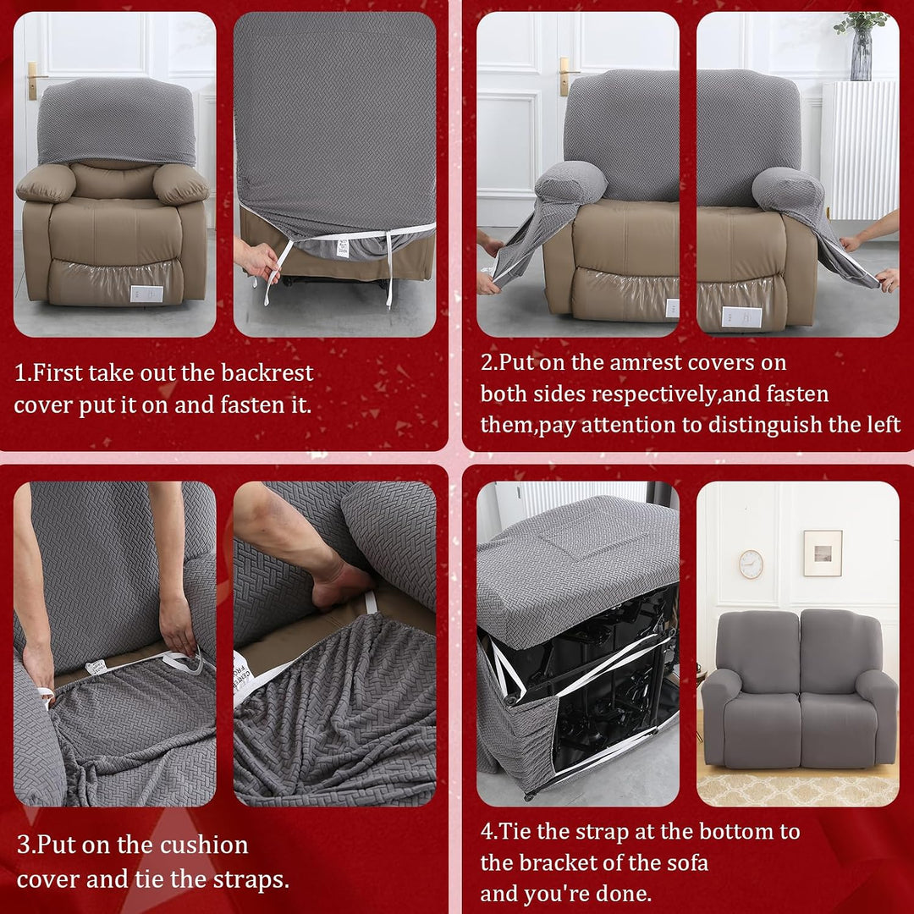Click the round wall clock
point(751,564)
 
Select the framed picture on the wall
point(823,553)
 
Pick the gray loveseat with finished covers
point(799,690)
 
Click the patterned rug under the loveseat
point(797,790)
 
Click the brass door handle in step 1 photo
point(34,80)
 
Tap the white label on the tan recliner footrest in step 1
point(146,294)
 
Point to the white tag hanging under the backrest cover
point(343,246)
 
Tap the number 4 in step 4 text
point(487,831)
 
